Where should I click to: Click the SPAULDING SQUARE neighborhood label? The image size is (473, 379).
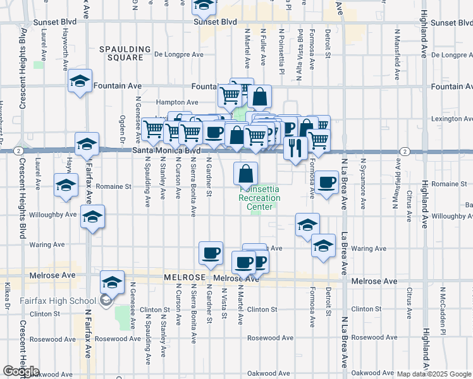(x=125, y=53)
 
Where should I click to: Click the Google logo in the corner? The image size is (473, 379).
(x=21, y=371)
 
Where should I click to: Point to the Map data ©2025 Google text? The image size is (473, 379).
(x=434, y=373)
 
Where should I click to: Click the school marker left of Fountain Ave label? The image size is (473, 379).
(x=80, y=81)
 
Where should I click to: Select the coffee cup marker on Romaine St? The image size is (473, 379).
(x=326, y=183)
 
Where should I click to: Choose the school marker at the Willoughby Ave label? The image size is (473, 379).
(x=93, y=217)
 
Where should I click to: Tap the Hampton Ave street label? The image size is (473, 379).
(x=178, y=102)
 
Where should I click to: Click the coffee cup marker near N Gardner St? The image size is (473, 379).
(x=211, y=253)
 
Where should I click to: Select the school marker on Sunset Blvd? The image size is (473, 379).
(x=204, y=6)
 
